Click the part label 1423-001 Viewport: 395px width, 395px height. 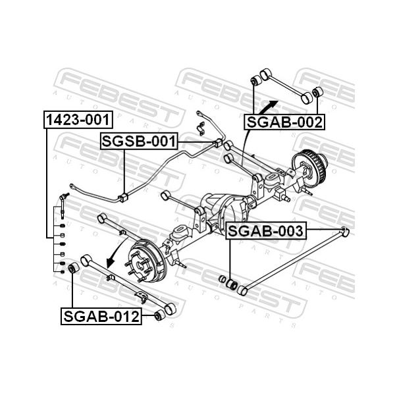[78, 120]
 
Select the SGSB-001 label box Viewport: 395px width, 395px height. [139, 141]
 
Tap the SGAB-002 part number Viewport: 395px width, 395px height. [284, 122]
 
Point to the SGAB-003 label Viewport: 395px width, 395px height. [266, 231]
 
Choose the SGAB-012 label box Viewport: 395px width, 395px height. [101, 316]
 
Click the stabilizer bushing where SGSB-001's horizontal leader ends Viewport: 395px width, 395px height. [218, 143]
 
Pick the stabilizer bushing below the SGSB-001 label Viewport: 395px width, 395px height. [123, 197]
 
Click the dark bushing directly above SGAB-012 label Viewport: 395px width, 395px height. [73, 267]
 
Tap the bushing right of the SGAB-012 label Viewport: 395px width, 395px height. [159, 316]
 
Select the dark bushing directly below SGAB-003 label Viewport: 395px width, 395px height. [232, 284]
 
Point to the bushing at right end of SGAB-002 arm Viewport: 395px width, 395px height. [317, 92]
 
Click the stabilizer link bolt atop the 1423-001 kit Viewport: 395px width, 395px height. [63, 205]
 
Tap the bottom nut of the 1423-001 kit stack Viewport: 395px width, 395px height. [63, 271]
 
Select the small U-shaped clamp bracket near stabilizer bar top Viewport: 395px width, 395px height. [201, 128]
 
